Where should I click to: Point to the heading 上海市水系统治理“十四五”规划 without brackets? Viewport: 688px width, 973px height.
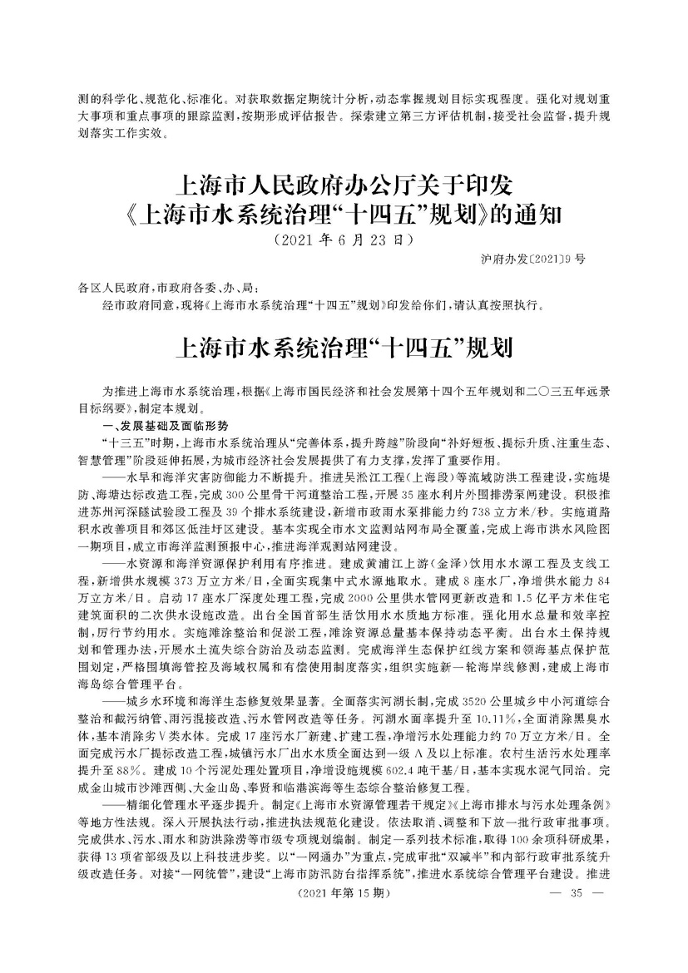(343, 346)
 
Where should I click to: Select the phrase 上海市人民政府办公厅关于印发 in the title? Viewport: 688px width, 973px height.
(343, 182)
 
